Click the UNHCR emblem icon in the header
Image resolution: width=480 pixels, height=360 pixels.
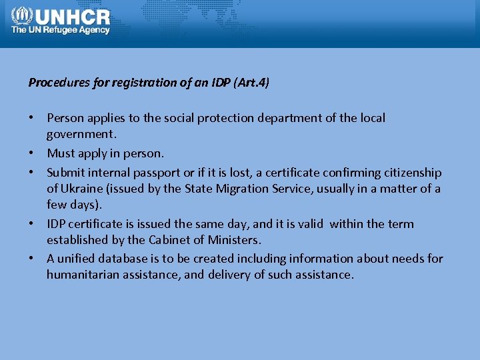21,15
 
